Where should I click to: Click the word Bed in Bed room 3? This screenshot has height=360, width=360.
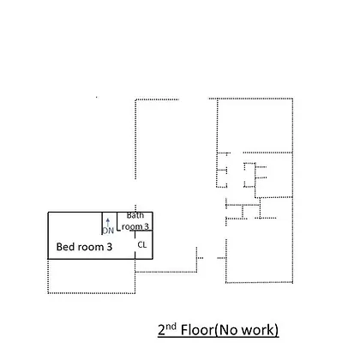coord(65,247)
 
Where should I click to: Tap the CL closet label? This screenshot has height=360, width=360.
coord(142,244)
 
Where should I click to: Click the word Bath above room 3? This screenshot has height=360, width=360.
coord(135,215)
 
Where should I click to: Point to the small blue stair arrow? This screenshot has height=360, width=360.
coord(108,222)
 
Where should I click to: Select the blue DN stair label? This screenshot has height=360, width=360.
coord(108,231)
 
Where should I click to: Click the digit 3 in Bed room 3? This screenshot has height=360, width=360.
coord(110,247)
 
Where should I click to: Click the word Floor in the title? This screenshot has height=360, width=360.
coord(197,330)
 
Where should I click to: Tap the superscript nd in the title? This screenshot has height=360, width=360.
coord(171,327)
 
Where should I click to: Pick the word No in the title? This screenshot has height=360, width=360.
coord(229,330)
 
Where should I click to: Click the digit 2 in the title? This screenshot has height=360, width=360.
coord(162,330)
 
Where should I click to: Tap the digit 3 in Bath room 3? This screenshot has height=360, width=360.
coord(146,226)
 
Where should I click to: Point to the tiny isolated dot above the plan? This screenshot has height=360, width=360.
coord(97,98)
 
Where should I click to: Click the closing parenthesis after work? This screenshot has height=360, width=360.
coord(276,330)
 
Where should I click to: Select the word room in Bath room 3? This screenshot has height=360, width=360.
coord(132,227)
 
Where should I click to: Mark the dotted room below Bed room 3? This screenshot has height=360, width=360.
coord(92,276)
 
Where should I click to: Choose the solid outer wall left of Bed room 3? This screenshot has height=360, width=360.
coord(48,236)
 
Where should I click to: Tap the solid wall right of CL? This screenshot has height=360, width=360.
coord(153,245)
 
